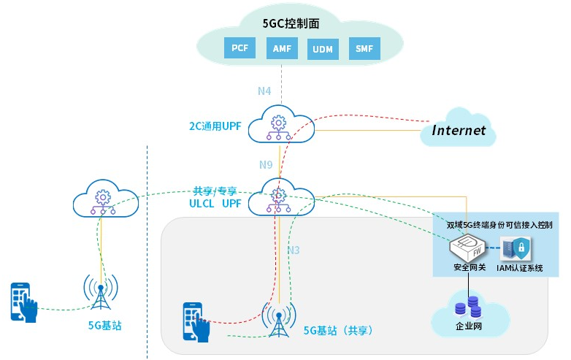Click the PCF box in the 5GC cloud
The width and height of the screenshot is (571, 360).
tap(239, 48)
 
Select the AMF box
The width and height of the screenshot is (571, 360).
tap(281, 48)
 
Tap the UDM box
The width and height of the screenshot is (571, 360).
tap(322, 48)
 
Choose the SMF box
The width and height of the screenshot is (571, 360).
tap(364, 48)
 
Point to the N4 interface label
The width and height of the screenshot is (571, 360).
tap(264, 91)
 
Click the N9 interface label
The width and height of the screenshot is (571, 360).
tap(266, 164)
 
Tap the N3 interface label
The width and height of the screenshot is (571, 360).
tap(293, 250)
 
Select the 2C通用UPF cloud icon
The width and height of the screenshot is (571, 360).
tap(277, 126)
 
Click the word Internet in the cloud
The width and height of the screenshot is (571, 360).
tap(459, 131)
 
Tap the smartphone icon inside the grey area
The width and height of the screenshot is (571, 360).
tap(196, 322)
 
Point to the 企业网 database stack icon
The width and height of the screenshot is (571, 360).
tap(467, 305)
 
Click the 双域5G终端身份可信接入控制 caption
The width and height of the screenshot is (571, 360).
tap(499, 224)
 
